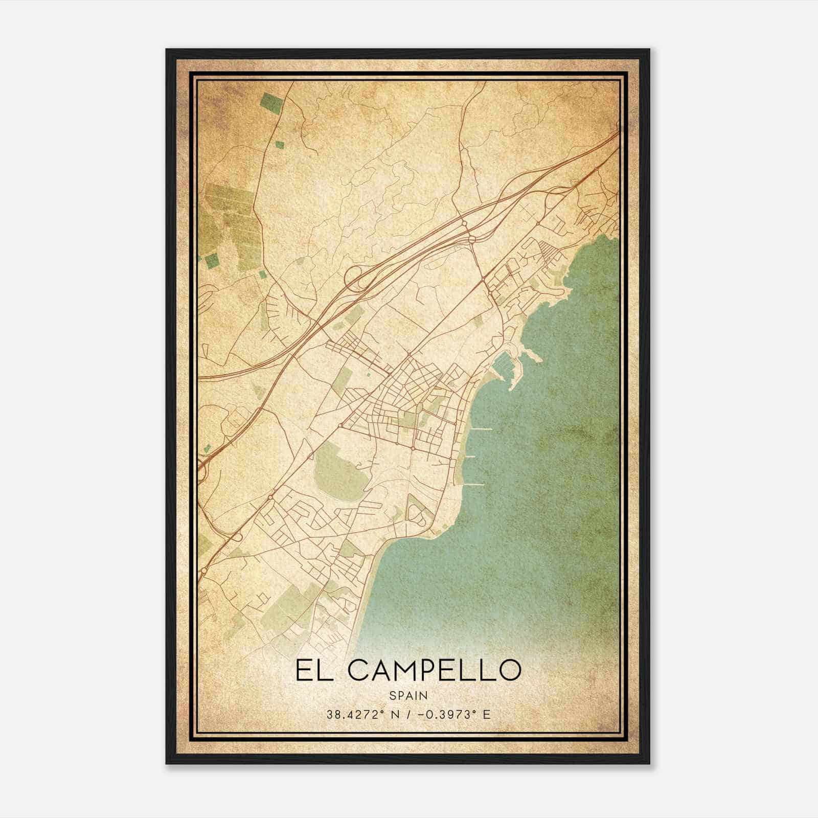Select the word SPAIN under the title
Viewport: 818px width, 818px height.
coord(408,695)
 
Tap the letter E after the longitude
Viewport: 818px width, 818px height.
coord(487,714)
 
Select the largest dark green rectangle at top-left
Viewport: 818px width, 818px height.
coord(270,102)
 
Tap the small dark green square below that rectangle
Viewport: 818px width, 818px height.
coord(280,145)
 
